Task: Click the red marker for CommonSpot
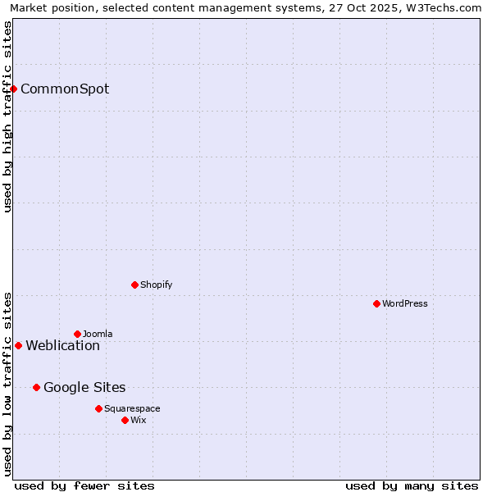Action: tap(14, 89)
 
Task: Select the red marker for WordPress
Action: tap(376, 303)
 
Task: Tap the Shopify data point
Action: tap(134, 285)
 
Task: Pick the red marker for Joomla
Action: tap(77, 334)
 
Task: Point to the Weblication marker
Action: tap(18, 345)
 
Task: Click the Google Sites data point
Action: tap(36, 387)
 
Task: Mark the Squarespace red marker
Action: tap(98, 408)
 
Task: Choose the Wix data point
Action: tap(125, 420)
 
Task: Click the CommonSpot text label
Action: tap(65, 89)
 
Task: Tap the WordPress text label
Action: tap(405, 304)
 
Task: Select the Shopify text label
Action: tap(157, 285)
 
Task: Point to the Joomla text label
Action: tap(98, 335)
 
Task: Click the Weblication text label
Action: tap(63, 346)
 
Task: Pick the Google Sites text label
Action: tap(84, 388)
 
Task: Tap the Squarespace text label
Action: tap(132, 409)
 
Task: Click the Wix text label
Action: tap(139, 421)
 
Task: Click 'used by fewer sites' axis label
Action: tap(84, 485)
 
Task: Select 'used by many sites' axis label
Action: tap(412, 485)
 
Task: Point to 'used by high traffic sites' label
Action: tap(8, 117)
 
